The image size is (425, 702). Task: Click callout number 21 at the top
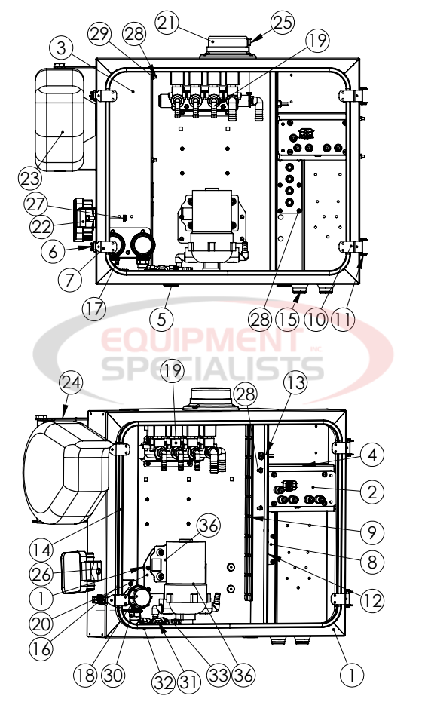[167, 24]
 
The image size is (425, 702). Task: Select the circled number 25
[281, 23]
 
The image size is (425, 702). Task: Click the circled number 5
[161, 318]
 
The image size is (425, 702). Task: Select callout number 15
[287, 319]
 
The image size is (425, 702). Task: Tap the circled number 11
[343, 319]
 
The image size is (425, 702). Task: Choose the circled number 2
[371, 492]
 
